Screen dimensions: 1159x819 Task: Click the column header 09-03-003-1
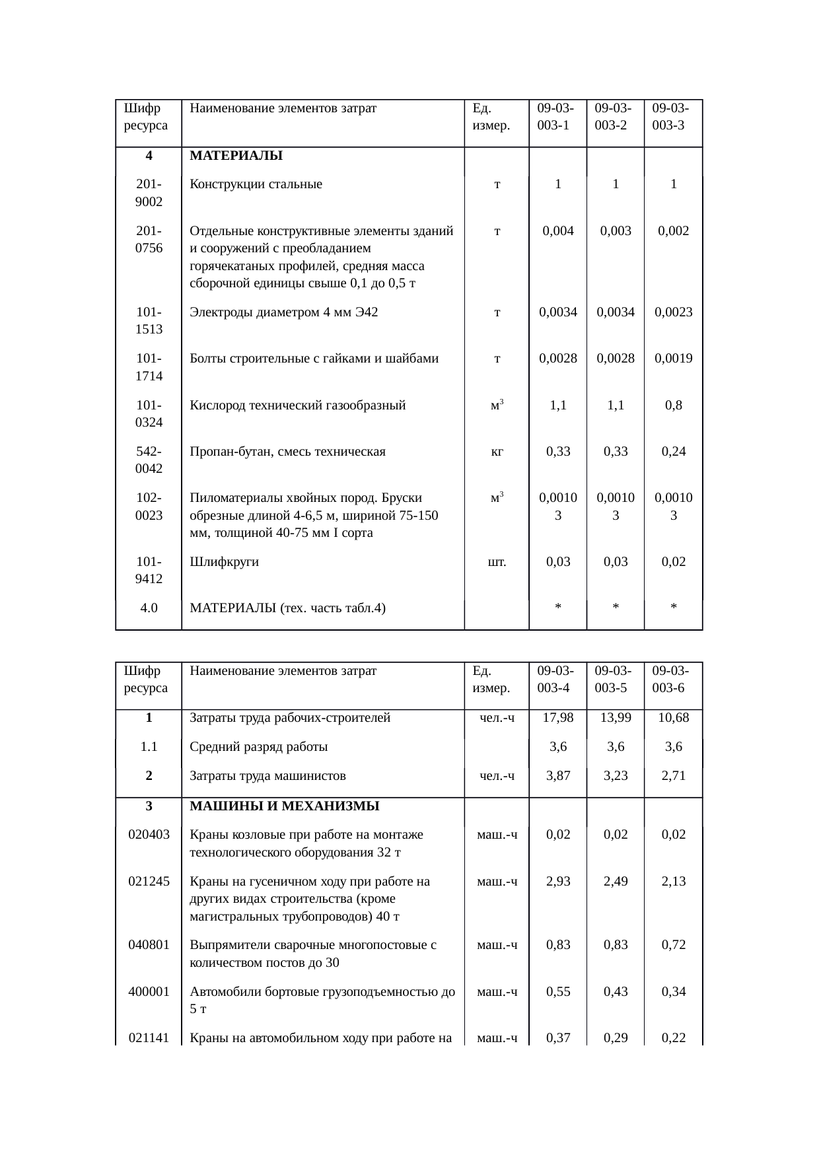pyautogui.click(x=555, y=117)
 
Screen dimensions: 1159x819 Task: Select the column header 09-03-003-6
pyautogui.click(x=670, y=680)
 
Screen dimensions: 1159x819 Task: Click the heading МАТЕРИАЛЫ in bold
pyautogui.click(x=236, y=156)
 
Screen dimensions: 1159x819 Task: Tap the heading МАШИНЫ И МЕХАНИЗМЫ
pyautogui.click(x=284, y=806)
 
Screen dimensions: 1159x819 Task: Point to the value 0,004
pyautogui.click(x=558, y=231)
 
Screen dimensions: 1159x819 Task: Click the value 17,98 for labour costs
pyautogui.click(x=558, y=718)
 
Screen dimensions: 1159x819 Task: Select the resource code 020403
pyautogui.click(x=149, y=835)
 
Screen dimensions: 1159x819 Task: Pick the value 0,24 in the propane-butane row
pyautogui.click(x=673, y=452)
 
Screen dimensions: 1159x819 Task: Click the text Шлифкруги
pyautogui.click(x=224, y=562)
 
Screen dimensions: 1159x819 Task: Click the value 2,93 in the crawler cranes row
pyautogui.click(x=558, y=882)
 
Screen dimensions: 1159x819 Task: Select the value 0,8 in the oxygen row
pyautogui.click(x=673, y=405)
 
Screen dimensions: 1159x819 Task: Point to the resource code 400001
pyautogui.click(x=149, y=992)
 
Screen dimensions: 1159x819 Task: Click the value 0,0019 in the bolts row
pyautogui.click(x=673, y=359)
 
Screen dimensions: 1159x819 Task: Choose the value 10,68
pyautogui.click(x=673, y=718)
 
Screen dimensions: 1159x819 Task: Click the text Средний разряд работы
pyautogui.click(x=258, y=747)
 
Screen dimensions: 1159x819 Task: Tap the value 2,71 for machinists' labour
pyautogui.click(x=673, y=775)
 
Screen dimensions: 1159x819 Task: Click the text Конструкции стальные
pyautogui.click(x=256, y=185)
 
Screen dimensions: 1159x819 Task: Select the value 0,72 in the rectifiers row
pyautogui.click(x=673, y=945)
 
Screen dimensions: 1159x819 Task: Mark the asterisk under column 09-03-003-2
pyautogui.click(x=615, y=608)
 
